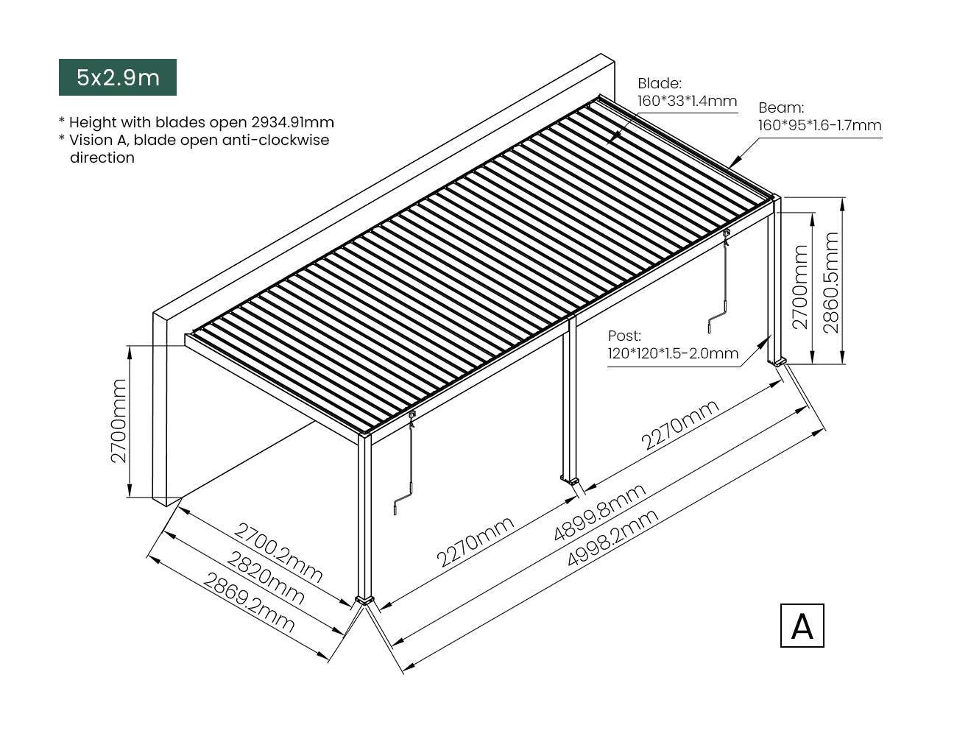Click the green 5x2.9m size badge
[x=118, y=77]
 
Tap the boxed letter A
[x=802, y=626]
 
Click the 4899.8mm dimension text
[x=600, y=512]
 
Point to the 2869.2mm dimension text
[x=249, y=603]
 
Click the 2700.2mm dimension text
[x=278, y=553]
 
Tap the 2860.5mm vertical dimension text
[x=830, y=283]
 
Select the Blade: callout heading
[x=660, y=83]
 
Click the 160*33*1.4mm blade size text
[x=687, y=101]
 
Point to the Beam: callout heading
[x=781, y=107]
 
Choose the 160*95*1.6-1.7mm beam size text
[x=819, y=125]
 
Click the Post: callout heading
[x=624, y=336]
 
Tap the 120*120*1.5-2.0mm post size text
[x=673, y=353]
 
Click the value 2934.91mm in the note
[x=293, y=122]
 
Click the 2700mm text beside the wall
[x=119, y=421]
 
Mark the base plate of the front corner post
[x=364, y=600]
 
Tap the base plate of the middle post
[x=571, y=480]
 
